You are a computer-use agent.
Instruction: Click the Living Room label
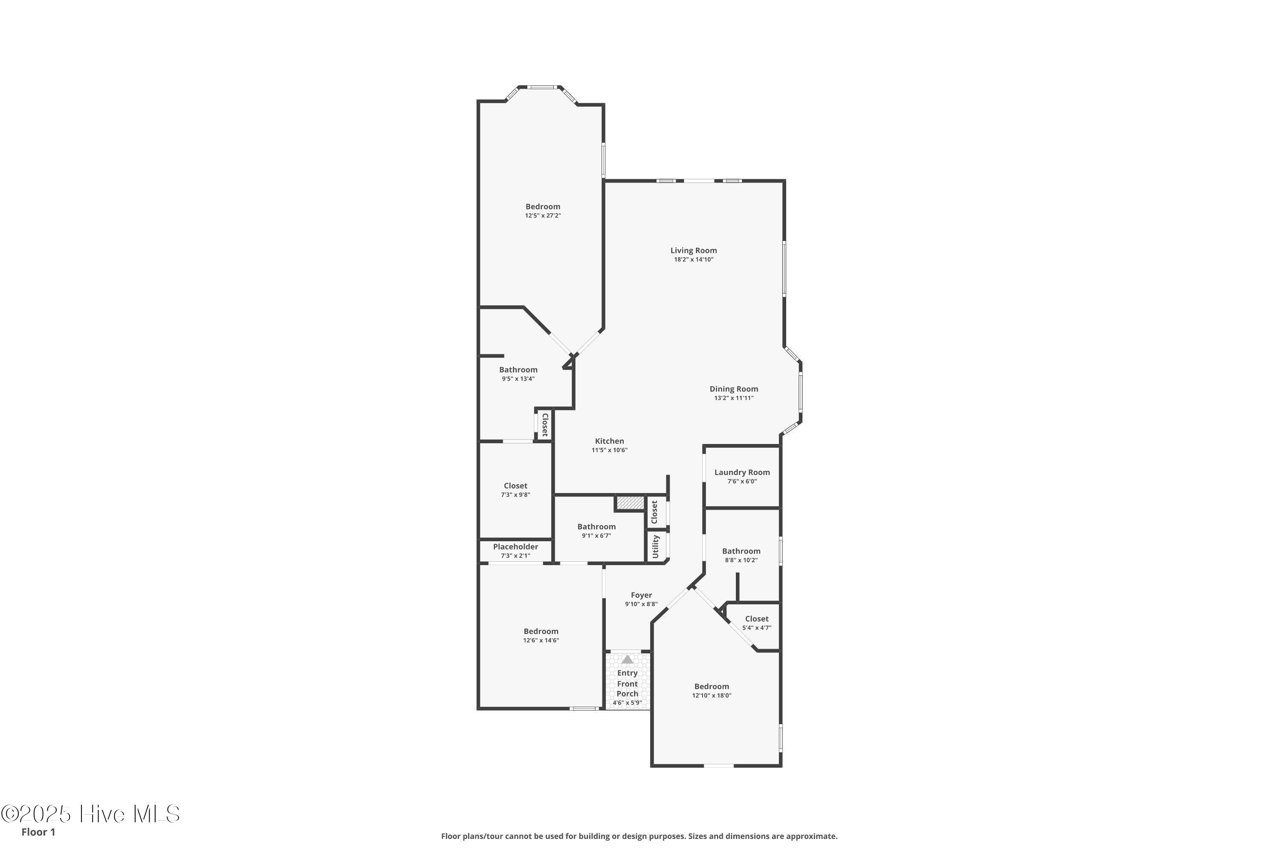693,251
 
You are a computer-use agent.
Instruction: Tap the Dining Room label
734,389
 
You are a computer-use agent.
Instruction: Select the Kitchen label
610,441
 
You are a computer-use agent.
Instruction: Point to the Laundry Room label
742,473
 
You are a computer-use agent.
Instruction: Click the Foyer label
642,595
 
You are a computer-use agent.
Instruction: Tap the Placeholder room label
515,547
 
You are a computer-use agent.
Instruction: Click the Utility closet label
655,546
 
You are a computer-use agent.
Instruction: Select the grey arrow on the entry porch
628,659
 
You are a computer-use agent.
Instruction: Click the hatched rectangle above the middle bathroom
630,503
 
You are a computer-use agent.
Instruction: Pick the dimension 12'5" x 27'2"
543,216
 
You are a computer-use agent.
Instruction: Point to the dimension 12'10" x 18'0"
712,696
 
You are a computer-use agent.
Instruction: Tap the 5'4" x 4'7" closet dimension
757,628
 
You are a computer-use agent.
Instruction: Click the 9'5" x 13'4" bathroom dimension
518,379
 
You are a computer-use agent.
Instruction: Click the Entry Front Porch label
628,684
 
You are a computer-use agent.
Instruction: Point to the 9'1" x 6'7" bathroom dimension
596,536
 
